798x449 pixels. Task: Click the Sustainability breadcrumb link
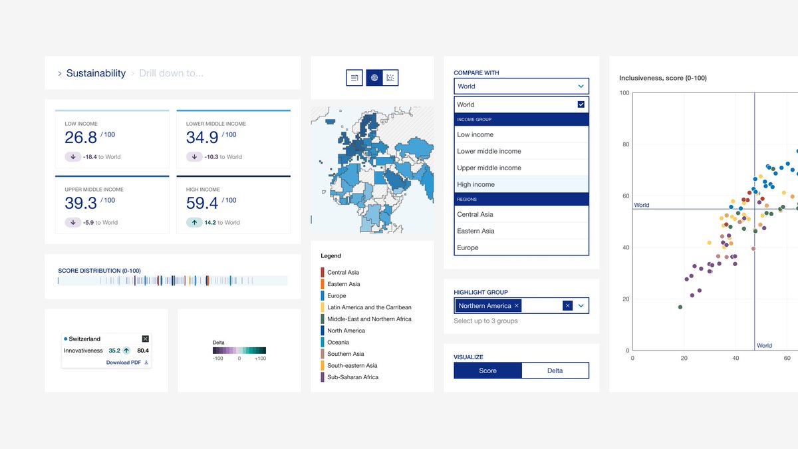point(96,73)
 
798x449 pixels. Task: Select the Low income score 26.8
point(81,137)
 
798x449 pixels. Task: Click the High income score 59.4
point(202,203)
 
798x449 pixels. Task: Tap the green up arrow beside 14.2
point(194,223)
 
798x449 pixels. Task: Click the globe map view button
point(374,78)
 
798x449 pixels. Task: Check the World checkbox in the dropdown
point(581,104)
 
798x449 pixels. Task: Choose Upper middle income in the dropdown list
point(489,168)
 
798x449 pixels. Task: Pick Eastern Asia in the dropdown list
point(475,231)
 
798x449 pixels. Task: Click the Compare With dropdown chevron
point(581,86)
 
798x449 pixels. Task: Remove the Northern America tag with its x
point(517,306)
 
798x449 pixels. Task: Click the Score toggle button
point(487,371)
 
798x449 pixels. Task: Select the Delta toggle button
point(555,371)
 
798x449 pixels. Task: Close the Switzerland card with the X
point(146,339)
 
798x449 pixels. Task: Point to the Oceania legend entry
point(338,342)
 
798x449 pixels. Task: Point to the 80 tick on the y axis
point(625,144)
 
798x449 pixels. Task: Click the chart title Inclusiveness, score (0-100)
point(662,78)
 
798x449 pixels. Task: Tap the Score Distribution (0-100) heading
point(99,271)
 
